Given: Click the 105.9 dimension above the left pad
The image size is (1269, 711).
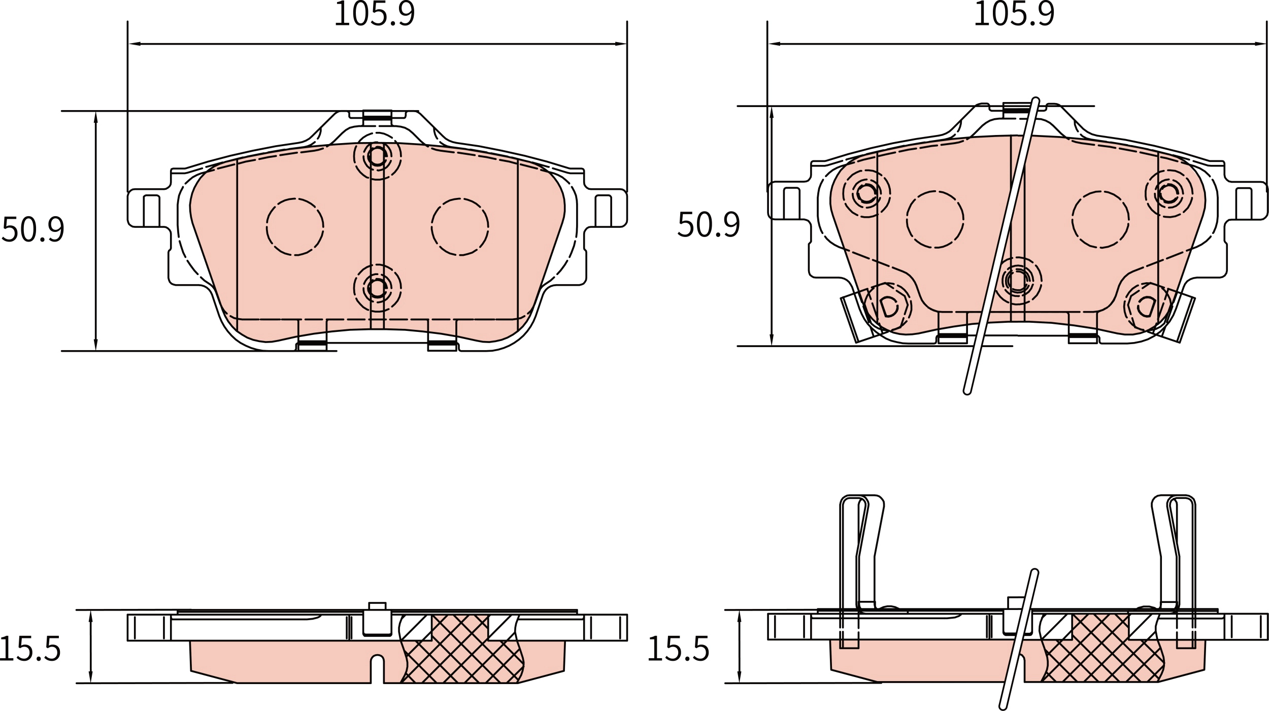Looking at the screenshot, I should pos(375,14).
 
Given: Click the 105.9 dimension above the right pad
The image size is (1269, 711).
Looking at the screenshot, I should pos(1014,14).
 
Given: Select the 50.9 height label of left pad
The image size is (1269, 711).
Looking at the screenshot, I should pos(34,230).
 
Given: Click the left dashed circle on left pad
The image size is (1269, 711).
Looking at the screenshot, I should pos(295,227).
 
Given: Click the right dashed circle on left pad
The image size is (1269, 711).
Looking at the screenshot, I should pos(460,227).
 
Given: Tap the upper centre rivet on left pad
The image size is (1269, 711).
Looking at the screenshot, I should pos(377,156).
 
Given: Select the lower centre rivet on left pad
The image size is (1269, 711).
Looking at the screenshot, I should pos(377,288).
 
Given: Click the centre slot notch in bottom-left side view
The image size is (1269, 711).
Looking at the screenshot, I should pos(377,668).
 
